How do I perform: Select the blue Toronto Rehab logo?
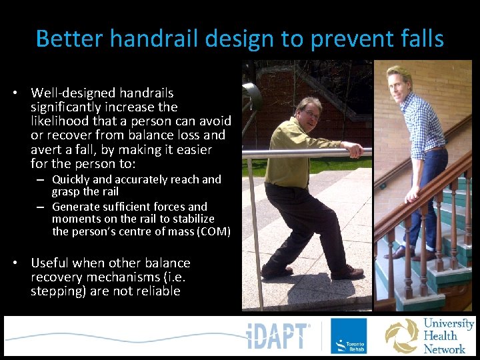click(x=348, y=336)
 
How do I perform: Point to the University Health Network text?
click(x=448, y=335)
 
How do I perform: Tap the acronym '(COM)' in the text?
click(x=215, y=232)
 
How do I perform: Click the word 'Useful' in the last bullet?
click(x=51, y=263)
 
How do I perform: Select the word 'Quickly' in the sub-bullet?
click(x=71, y=179)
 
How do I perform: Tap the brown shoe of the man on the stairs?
click(x=397, y=253)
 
